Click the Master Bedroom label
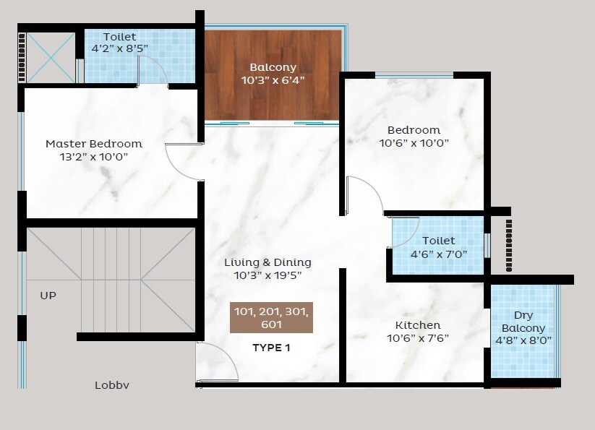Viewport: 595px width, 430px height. click(94, 143)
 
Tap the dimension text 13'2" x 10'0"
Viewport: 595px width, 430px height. click(94, 156)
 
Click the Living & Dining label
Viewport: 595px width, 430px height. click(267, 262)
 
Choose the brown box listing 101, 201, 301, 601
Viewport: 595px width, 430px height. click(271, 318)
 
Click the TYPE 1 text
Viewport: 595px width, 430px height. click(271, 348)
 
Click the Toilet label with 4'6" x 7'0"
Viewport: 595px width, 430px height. click(438, 241)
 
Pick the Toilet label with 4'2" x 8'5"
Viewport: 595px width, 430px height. click(119, 37)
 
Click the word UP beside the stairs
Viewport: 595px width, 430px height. click(48, 296)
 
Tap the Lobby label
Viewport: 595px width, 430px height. click(112, 385)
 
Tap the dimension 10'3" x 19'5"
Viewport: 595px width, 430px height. click(267, 275)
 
